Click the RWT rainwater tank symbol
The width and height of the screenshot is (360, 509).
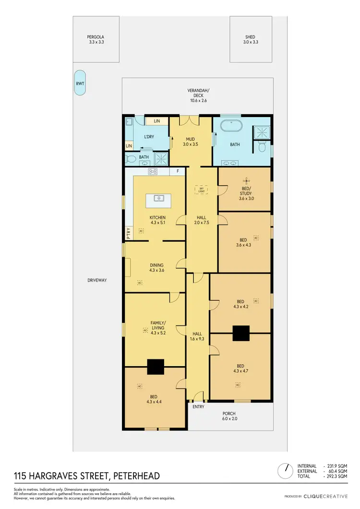click(x=80, y=83)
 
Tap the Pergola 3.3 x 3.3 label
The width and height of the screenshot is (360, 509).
click(x=96, y=39)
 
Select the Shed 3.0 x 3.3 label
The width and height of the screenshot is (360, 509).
click(x=250, y=39)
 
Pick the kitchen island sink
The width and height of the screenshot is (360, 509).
click(x=159, y=198)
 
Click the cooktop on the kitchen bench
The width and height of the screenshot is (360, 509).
click(x=154, y=171)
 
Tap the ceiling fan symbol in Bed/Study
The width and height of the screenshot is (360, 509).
click(x=246, y=181)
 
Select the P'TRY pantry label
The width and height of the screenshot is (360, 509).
click(x=128, y=233)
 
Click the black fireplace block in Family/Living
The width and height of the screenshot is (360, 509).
click(x=155, y=367)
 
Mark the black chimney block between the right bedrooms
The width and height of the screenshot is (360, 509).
click(x=241, y=333)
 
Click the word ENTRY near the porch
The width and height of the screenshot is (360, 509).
click(x=198, y=407)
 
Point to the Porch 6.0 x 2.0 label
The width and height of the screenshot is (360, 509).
click(x=228, y=416)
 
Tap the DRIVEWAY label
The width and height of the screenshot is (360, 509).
click(x=96, y=280)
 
